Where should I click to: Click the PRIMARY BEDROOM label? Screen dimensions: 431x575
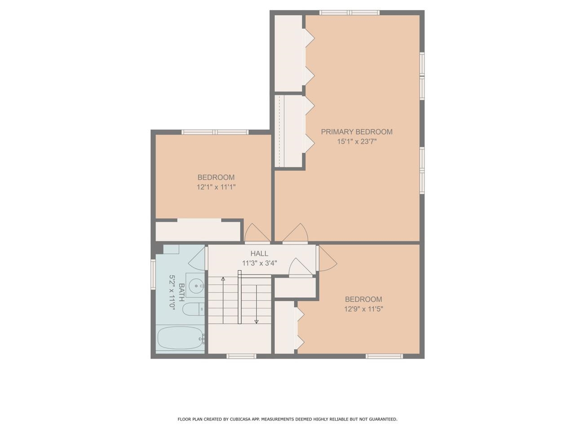coord(357,132)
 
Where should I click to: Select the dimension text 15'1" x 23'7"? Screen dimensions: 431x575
coord(357,141)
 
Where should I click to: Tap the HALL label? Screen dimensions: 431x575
coord(259,254)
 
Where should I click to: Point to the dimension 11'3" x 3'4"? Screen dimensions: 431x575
coord(259,264)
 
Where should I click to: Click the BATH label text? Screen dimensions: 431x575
coord(181,292)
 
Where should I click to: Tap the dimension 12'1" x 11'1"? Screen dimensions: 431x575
coord(216,187)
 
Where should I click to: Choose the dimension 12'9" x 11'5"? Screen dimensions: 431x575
coord(363,309)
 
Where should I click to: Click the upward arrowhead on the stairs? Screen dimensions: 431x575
coord(223,279)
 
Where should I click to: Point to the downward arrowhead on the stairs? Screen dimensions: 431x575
coord(257,321)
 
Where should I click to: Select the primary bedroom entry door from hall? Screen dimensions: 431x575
coord(295,234)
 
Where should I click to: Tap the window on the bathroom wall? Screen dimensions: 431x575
coord(153,272)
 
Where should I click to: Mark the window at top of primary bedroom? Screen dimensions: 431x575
coord(349,13)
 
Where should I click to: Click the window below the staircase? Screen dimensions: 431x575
coord(241,356)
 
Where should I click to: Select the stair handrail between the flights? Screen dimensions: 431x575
coord(240,297)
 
